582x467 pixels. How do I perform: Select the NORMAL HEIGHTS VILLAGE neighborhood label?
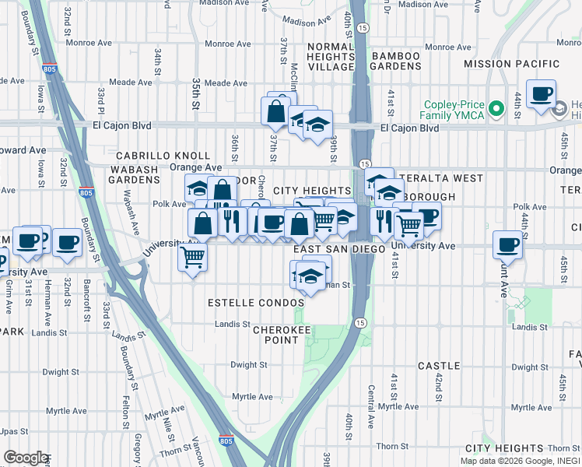pyautogui.click(x=331, y=57)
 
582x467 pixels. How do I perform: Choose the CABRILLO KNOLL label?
pyautogui.click(x=163, y=156)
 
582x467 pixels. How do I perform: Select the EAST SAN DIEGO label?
pyautogui.click(x=339, y=249)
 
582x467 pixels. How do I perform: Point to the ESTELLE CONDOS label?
pyautogui.click(x=255, y=302)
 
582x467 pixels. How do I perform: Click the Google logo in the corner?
pyautogui.click(x=26, y=458)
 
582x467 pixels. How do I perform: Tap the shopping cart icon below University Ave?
pyautogui.click(x=192, y=255)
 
